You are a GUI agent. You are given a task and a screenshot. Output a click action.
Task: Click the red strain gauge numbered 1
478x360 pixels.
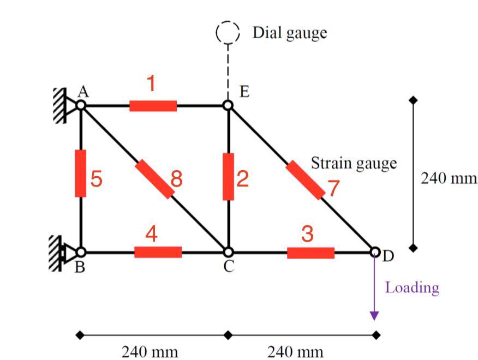[x=153, y=106]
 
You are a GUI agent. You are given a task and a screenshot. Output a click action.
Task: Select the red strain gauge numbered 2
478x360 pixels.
[x=229, y=176]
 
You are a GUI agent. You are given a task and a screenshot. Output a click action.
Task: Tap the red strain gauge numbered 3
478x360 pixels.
[x=310, y=253]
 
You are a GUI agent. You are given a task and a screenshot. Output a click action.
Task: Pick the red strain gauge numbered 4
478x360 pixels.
[x=158, y=252]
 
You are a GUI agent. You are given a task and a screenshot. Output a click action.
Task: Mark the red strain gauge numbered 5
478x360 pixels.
[x=81, y=173]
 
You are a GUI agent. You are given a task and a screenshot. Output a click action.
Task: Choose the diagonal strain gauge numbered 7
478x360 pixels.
[x=304, y=179]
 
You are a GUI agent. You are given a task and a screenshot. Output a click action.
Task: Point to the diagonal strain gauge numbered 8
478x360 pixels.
[x=153, y=178]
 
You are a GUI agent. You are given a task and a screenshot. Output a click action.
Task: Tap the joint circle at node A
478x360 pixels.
[x=81, y=105]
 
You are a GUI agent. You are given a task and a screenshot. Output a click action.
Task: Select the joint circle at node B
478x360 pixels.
[x=81, y=252]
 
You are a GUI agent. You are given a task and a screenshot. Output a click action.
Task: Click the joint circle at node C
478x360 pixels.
[x=229, y=252]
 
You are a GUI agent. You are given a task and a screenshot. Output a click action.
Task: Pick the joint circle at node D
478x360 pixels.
[x=375, y=251]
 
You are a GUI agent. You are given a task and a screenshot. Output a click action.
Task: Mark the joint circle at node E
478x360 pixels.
[x=229, y=105]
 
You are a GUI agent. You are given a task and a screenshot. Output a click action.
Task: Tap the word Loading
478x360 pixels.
[x=412, y=287]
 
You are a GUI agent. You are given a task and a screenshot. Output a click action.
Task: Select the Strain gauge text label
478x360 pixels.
[x=354, y=163]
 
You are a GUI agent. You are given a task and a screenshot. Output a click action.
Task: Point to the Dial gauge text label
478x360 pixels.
[x=290, y=33]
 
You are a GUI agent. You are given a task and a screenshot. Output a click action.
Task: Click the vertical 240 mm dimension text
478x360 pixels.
[x=449, y=178]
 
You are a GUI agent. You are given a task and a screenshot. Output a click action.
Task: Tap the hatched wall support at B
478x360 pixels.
[x=54, y=253]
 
